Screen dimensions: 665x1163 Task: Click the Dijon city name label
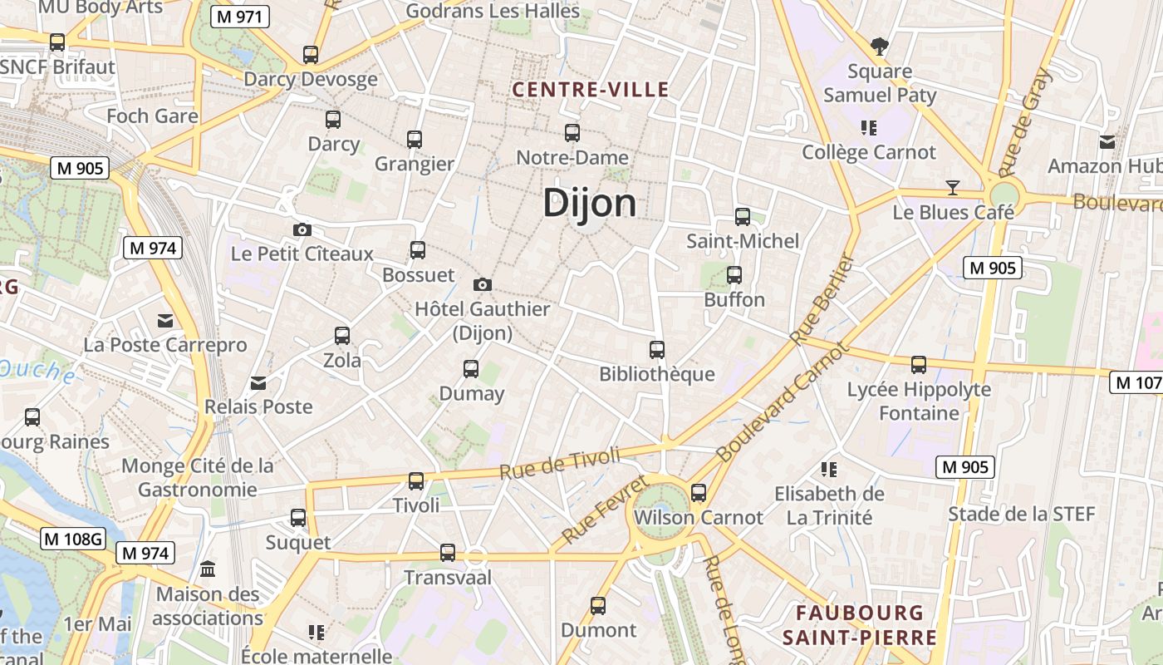coord(590,204)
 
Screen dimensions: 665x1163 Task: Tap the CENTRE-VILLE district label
coord(591,90)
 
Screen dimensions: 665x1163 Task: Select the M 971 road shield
coord(240,17)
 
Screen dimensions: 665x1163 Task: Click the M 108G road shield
coord(73,539)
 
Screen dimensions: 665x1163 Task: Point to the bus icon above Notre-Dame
coord(572,133)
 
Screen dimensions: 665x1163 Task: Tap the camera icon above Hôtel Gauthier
coord(483,285)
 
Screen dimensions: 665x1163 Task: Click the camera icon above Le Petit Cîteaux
coord(302,229)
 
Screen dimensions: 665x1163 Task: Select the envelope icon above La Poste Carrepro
coord(165,321)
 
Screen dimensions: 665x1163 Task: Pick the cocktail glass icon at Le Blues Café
coord(953,188)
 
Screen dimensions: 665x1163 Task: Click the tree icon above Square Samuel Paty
coord(879,46)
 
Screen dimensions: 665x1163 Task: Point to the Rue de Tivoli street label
coord(560,463)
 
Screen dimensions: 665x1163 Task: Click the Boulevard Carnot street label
coord(783,402)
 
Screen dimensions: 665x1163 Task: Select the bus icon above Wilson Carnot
coord(699,493)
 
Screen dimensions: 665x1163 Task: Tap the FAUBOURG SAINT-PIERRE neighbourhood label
coord(859,625)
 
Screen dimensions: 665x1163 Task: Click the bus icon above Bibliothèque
coord(657,350)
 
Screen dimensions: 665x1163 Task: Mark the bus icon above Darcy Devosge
coord(311,55)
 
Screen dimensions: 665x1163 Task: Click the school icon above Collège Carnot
coord(869,128)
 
